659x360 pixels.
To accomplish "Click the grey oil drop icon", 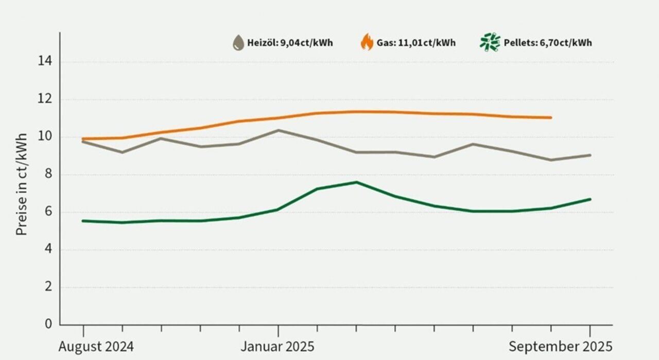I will pyautogui.click(x=238, y=43).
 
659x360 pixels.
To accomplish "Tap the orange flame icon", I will pyautogui.click(x=367, y=42).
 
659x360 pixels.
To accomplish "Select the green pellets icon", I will pyautogui.click(x=490, y=42).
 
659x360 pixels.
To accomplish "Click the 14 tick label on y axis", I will pyautogui.click(x=45, y=62).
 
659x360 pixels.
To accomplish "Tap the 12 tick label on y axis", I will pyautogui.click(x=45, y=99).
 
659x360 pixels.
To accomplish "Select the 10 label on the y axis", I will pyautogui.click(x=45, y=137).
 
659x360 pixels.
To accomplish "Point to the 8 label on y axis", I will pyautogui.click(x=48, y=175).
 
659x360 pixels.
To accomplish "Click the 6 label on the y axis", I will pyautogui.click(x=48, y=212).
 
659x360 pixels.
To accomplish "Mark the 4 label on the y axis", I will pyautogui.click(x=48, y=250).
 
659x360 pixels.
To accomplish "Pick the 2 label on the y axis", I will pyautogui.click(x=48, y=287).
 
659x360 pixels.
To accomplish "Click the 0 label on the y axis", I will pyautogui.click(x=48, y=324).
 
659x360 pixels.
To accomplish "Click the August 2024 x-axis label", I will pyautogui.click(x=96, y=347).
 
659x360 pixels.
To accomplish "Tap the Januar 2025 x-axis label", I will pyautogui.click(x=278, y=347).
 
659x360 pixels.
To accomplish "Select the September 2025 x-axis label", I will pyautogui.click(x=561, y=347).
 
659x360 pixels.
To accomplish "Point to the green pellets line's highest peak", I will pyautogui.click(x=356, y=182).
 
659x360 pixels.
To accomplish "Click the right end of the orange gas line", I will pyautogui.click(x=551, y=117).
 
